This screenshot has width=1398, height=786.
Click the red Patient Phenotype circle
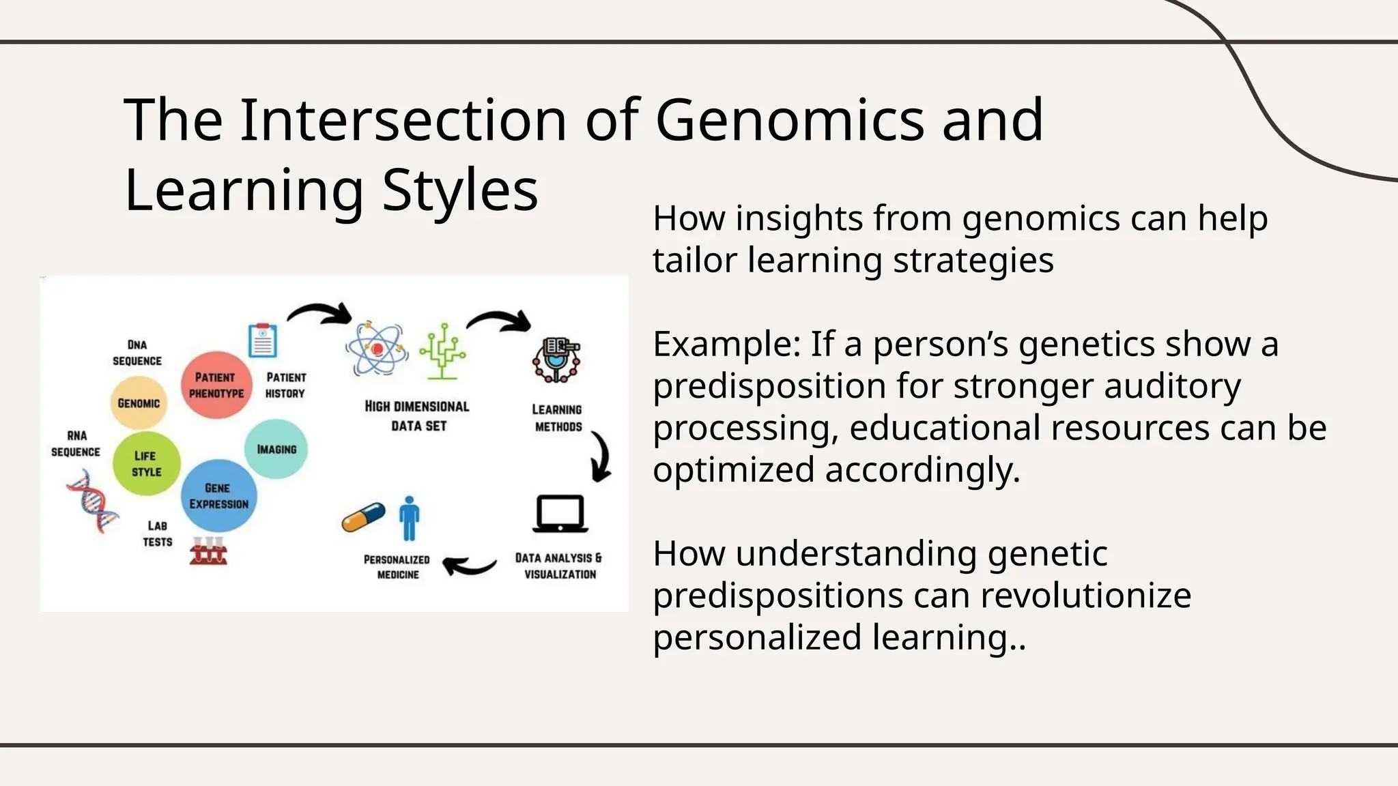click(x=216, y=385)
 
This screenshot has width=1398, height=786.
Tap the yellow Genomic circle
click(x=139, y=403)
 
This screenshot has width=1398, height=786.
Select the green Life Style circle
click(x=146, y=464)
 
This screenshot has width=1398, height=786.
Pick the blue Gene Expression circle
click(x=218, y=496)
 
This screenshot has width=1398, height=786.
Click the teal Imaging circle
click(x=276, y=449)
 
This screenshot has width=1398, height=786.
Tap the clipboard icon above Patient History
click(x=263, y=340)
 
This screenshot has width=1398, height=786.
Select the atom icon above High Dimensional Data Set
click(x=376, y=349)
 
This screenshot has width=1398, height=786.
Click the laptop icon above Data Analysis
click(x=560, y=514)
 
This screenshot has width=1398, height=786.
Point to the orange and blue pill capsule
click(x=363, y=517)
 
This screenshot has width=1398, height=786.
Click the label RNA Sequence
click(x=76, y=443)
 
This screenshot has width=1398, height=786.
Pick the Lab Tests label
click(x=158, y=534)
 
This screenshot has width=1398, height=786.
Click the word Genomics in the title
click(x=790, y=120)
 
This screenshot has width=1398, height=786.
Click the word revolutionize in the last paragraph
click(x=1085, y=595)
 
